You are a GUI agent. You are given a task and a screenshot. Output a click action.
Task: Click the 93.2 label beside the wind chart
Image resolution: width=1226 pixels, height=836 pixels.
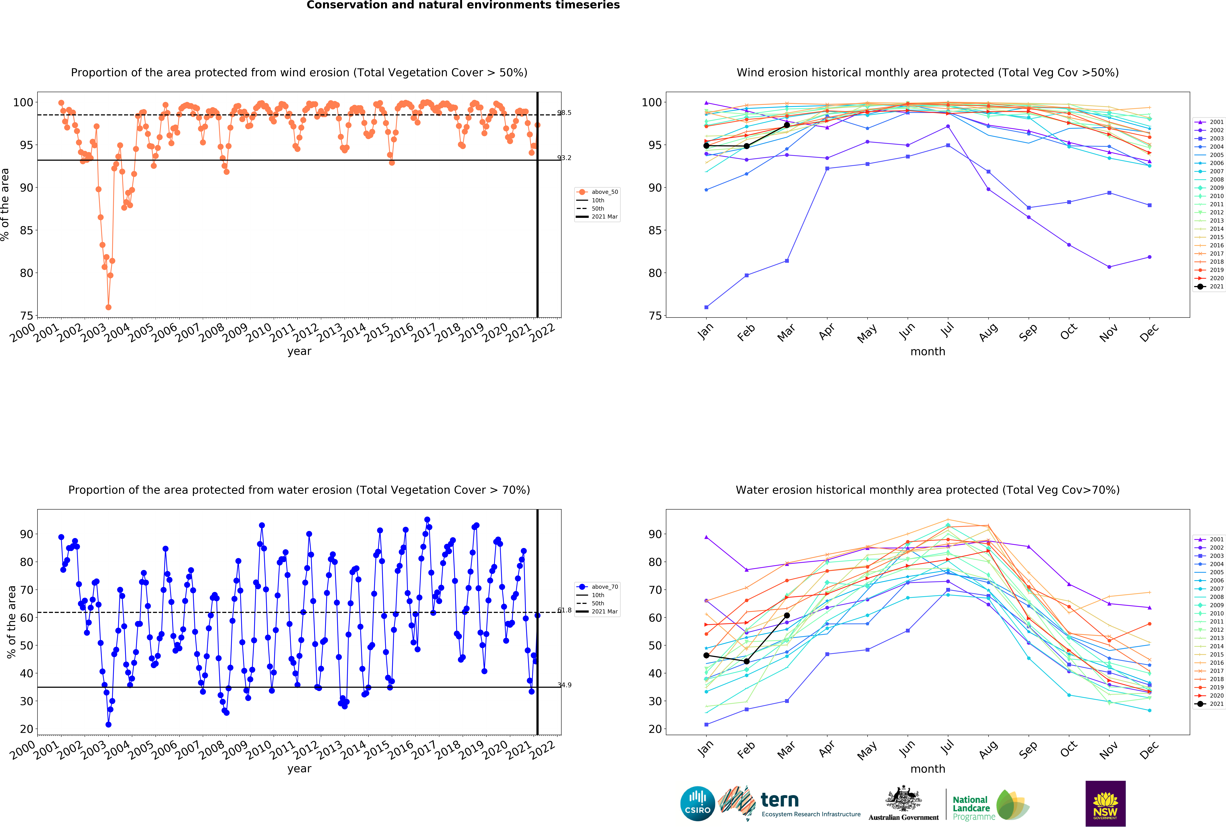pyautogui.click(x=564, y=158)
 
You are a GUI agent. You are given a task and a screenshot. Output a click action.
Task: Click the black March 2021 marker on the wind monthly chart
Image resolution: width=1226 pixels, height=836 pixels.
pyautogui.click(x=787, y=125)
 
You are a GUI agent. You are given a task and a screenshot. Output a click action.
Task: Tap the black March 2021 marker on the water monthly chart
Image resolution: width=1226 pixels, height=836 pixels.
pyautogui.click(x=787, y=615)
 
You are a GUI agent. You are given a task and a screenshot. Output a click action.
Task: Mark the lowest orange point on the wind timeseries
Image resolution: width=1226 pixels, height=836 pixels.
pyautogui.click(x=108, y=307)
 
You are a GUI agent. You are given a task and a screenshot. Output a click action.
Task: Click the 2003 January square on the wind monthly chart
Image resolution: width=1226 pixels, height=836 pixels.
pyautogui.click(x=706, y=307)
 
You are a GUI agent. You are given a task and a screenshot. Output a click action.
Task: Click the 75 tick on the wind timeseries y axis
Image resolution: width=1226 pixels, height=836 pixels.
pyautogui.click(x=26, y=316)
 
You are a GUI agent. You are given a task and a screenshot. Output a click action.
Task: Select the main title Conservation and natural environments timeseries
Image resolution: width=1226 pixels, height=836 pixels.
pyautogui.click(x=463, y=5)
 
